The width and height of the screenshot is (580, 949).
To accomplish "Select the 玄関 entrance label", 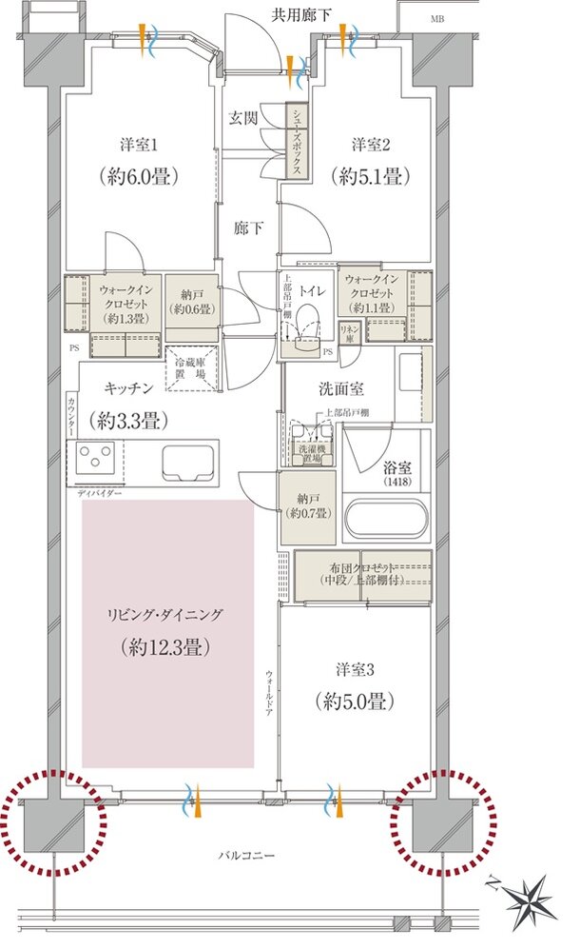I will tap(242, 119).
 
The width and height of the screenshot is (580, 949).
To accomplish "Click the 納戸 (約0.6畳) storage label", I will tap(193, 301).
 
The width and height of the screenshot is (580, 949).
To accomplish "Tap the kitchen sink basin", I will tap(189, 464).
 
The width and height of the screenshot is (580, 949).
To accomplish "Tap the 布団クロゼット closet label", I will tap(363, 572).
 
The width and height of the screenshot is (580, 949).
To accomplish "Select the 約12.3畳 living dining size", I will tap(166, 648).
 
